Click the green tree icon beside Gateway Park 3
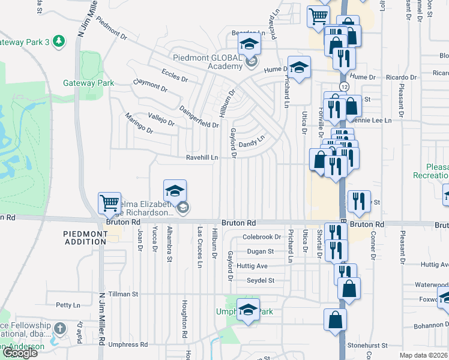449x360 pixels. tap(58, 41)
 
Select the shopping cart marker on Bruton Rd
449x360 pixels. tap(109, 204)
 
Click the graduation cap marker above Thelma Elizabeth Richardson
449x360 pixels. tap(175, 191)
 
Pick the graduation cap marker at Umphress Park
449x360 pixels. tap(248, 310)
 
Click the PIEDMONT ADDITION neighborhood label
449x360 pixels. tap(85, 237)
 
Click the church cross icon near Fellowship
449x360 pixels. tap(59, 328)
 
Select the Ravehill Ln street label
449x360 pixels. tap(201, 157)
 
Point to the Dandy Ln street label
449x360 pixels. tap(252, 143)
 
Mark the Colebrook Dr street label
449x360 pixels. tap(262, 237)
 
